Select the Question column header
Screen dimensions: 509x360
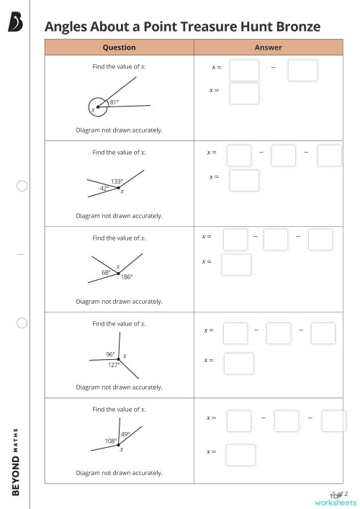(x=119, y=48)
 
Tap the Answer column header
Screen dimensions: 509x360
(x=268, y=48)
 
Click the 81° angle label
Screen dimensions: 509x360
(x=114, y=102)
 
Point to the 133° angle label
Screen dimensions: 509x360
(x=117, y=181)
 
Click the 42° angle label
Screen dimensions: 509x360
(x=104, y=188)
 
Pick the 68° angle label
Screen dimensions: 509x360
(x=106, y=272)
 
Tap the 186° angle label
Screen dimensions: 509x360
(x=127, y=277)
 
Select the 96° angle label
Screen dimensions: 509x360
(x=110, y=354)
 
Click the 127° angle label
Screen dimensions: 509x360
(x=114, y=365)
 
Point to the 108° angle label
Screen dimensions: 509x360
(x=111, y=441)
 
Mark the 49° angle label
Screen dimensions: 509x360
(x=125, y=434)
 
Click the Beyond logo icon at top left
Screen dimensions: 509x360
(x=15, y=24)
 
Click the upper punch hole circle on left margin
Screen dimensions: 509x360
(x=22, y=186)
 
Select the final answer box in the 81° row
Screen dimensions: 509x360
(x=244, y=94)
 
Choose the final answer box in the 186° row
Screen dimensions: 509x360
(x=236, y=265)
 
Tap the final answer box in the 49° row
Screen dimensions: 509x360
(x=240, y=455)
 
